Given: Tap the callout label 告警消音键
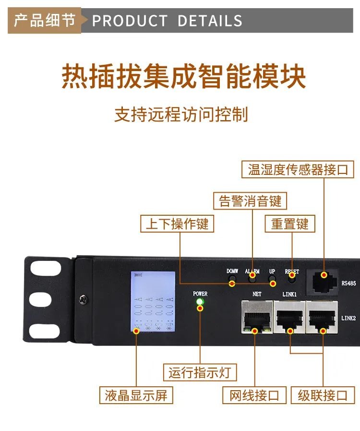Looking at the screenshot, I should (x=250, y=200).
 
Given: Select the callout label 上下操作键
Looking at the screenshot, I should (x=177, y=224).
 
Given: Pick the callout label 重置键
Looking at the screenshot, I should (x=290, y=224).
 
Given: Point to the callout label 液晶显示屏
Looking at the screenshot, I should (x=136, y=395).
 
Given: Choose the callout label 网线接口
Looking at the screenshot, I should (x=254, y=395).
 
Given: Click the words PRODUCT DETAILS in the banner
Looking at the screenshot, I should (x=167, y=21).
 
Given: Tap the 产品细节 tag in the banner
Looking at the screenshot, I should (x=45, y=21).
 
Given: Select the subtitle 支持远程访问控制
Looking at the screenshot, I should (x=181, y=115).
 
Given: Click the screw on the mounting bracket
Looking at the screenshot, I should (x=85, y=299).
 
